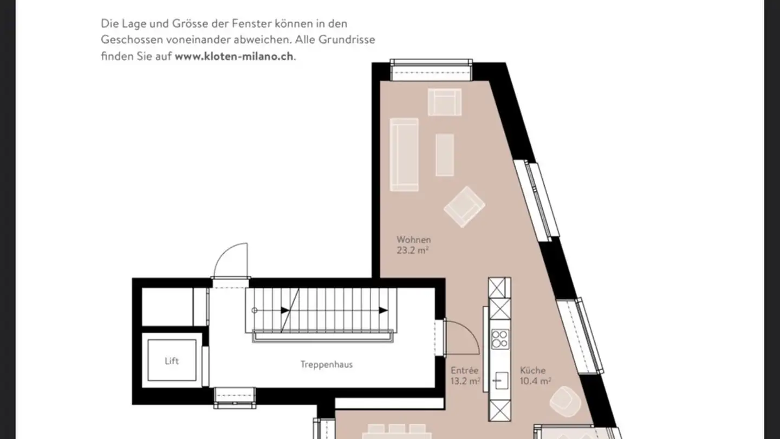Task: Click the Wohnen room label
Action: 413,240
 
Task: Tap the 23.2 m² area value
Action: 413,250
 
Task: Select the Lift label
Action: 172,361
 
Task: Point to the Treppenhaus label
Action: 326,365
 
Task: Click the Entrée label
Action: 465,371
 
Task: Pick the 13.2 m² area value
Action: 465,381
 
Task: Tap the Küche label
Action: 532,371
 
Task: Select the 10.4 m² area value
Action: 535,381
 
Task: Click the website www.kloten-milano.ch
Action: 235,56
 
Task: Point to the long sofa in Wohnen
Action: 404,154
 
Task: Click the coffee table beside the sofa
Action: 445,154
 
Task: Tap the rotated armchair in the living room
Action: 464,206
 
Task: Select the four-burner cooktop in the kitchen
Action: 499,339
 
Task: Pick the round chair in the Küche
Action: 565,402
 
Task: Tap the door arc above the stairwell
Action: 230,260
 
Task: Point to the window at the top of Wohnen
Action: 431,69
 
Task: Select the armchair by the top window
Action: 444,102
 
